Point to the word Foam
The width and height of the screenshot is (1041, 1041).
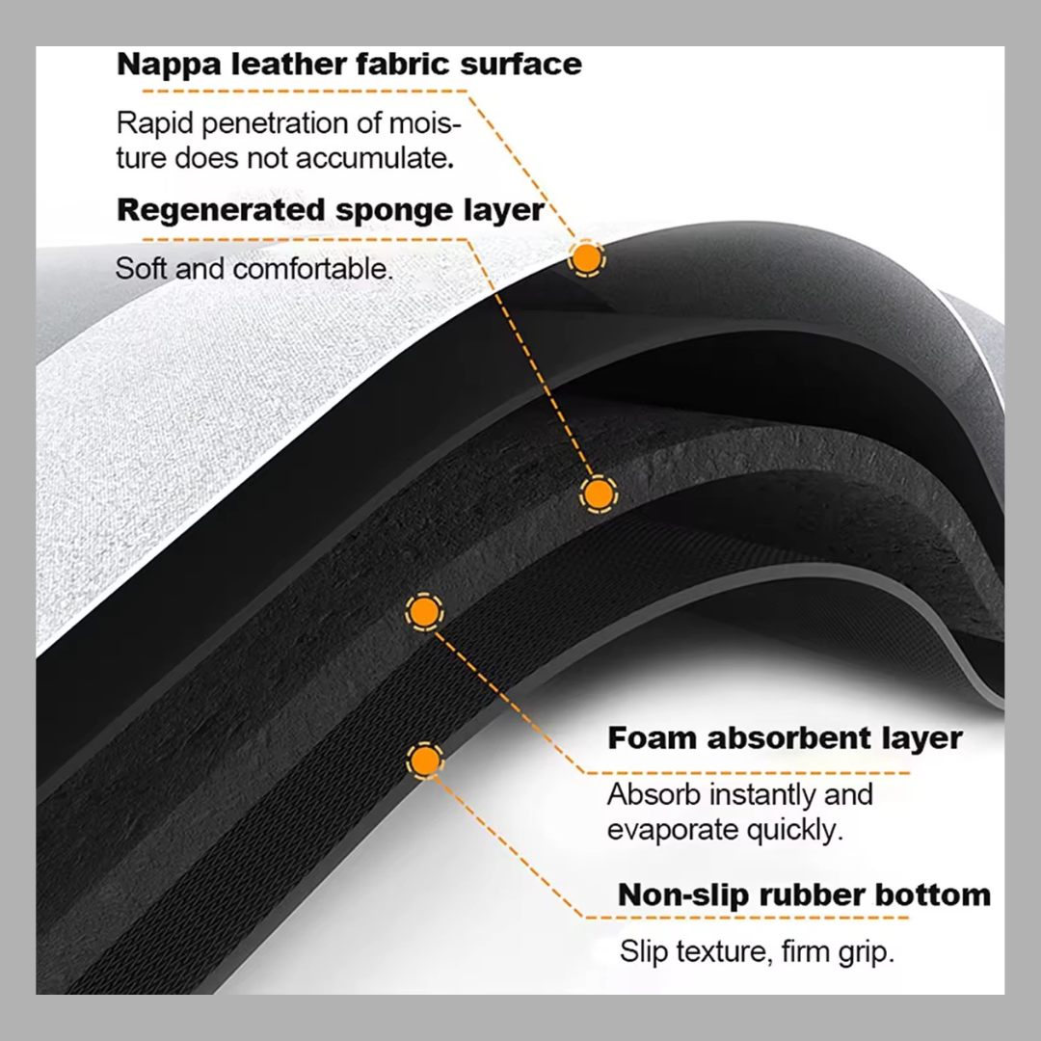[x=651, y=738]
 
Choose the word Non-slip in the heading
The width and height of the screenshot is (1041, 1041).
[x=683, y=894]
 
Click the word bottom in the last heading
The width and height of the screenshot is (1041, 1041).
[x=933, y=894]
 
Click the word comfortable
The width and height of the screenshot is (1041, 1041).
[x=313, y=268]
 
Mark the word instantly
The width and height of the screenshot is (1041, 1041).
[x=743, y=795]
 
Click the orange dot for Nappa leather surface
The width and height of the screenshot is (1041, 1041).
[x=585, y=258]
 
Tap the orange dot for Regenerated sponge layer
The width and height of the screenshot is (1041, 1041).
[x=598, y=494]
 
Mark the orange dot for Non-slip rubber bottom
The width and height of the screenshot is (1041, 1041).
[x=423, y=761]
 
